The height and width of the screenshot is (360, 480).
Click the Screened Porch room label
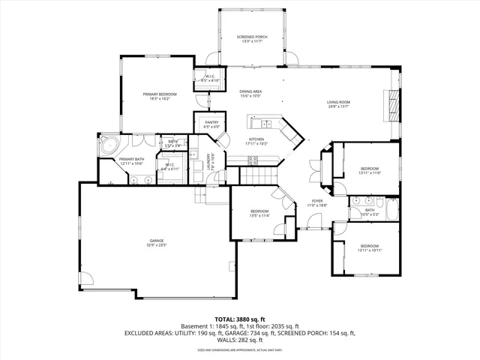pos(251,36)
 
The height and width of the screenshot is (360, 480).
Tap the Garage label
pos(156,240)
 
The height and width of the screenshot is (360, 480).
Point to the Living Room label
pos(338,102)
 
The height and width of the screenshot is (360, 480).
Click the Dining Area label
pos(250,91)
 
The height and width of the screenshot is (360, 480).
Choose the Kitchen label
pos(257,139)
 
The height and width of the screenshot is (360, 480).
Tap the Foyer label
pos(317,201)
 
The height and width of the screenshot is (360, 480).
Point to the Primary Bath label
pos(131,159)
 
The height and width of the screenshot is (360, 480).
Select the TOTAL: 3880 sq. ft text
pos(239,319)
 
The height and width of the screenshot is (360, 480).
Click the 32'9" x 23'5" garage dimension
pos(156,244)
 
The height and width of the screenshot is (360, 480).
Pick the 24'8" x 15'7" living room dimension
pos(338,106)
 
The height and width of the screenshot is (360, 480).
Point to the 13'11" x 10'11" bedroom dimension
pos(370,250)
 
